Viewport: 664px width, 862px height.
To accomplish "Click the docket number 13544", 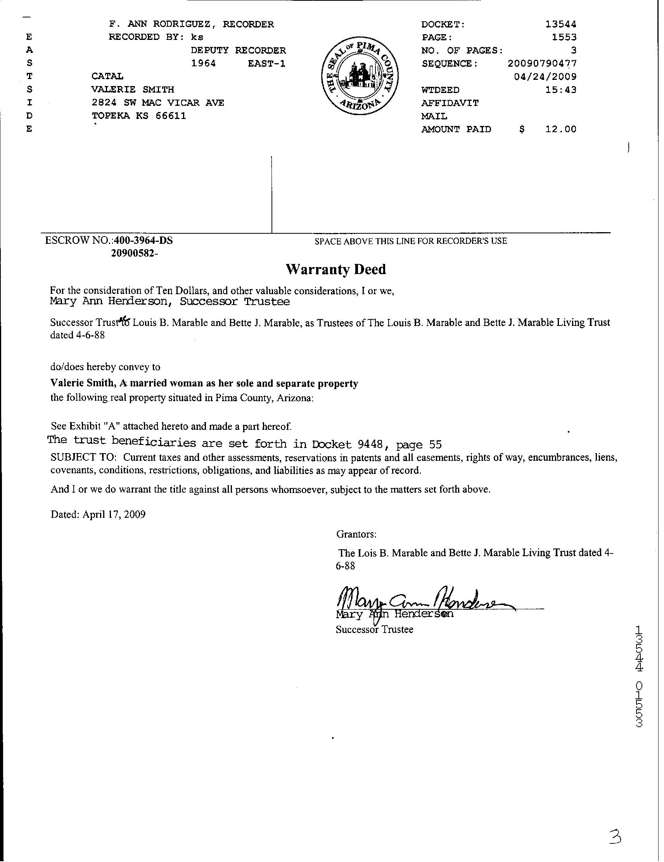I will (560, 24).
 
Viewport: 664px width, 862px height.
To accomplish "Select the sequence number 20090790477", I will (542, 64).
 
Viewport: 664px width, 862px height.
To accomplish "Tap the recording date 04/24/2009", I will (545, 77).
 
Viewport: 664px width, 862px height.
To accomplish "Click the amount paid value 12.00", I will (560, 129).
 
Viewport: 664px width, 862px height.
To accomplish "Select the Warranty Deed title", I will (335, 270).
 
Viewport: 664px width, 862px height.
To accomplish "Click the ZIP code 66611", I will (171, 116).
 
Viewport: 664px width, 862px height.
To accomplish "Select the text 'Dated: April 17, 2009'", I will (98, 514).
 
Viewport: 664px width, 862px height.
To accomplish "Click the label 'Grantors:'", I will (356, 534).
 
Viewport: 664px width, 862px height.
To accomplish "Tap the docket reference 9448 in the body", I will (369, 445).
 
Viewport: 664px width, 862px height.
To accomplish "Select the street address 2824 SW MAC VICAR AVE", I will (157, 103).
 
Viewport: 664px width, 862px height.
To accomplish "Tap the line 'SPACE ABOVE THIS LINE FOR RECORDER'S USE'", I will (410, 241).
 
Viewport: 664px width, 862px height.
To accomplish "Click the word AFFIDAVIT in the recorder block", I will (450, 103).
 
